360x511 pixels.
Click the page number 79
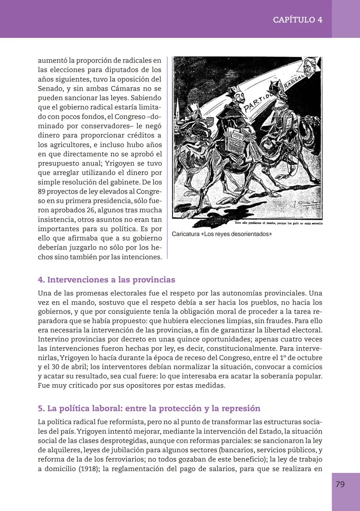click(340, 484)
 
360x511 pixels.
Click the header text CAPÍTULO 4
click(297, 20)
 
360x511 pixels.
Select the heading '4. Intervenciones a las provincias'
click(106, 279)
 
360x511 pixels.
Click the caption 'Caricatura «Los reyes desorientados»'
click(222, 234)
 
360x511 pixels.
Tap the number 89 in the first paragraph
click(42, 192)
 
